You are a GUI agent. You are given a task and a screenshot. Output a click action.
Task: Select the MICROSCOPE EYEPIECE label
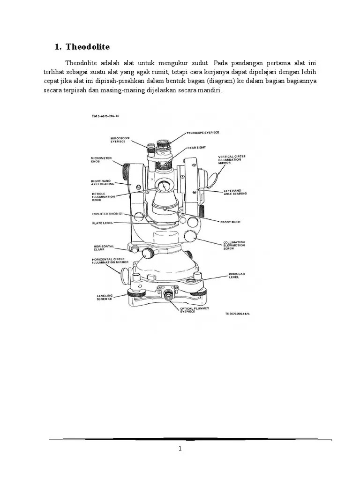(x=120, y=140)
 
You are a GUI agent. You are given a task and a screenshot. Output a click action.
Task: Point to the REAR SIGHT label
(x=196, y=147)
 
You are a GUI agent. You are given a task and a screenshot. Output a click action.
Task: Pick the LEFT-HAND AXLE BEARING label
(x=235, y=192)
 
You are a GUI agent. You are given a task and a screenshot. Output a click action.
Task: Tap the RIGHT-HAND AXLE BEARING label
(x=104, y=182)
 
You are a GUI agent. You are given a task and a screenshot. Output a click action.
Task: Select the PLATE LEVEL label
(x=103, y=224)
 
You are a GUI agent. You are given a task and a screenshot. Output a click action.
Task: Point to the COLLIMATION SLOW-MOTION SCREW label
(x=238, y=245)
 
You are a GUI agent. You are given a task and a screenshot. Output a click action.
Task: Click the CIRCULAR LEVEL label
(x=237, y=275)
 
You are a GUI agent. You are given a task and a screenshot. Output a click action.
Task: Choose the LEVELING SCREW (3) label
(x=105, y=298)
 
